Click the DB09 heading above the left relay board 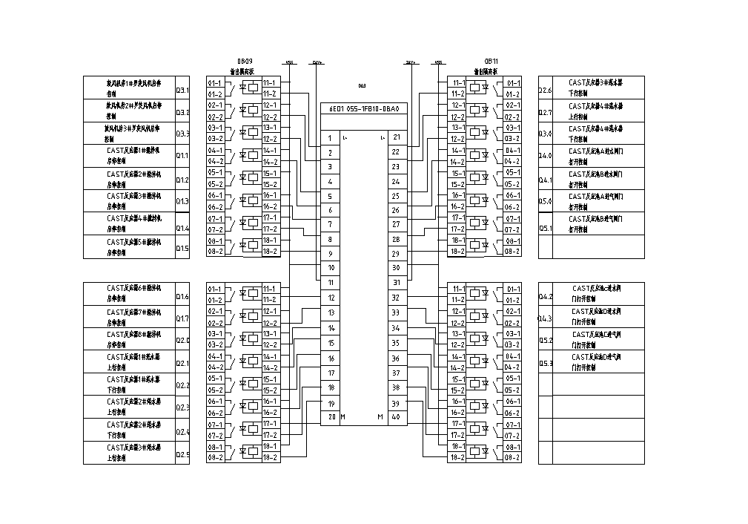(x=245, y=61)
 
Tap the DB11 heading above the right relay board (x=492, y=61)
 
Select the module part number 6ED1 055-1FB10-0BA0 (x=365, y=109)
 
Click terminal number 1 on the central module (x=330, y=138)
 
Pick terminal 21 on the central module (x=396, y=138)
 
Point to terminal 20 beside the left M (x=330, y=417)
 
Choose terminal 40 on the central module (x=396, y=417)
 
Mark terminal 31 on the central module (x=396, y=283)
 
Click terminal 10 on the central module (x=331, y=267)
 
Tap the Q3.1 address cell (x=182, y=91)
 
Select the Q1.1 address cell (x=182, y=157)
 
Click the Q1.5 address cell (x=182, y=249)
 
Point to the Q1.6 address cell (x=182, y=297)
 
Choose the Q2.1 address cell (x=182, y=364)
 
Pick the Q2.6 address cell (x=546, y=91)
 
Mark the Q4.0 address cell (x=546, y=157)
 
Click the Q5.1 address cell (x=546, y=229)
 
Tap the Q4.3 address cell (x=546, y=318)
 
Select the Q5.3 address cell (x=546, y=364)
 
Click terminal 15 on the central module (x=331, y=344)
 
